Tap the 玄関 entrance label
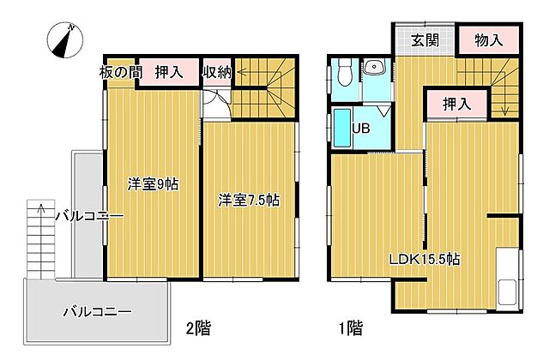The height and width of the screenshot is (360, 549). (424, 40)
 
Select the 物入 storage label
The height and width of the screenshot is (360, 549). (488, 40)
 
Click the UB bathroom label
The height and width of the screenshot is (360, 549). (361, 130)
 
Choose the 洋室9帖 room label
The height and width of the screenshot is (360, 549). (153, 183)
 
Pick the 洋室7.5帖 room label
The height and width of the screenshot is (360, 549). (249, 200)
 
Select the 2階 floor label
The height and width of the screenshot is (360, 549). (199, 327)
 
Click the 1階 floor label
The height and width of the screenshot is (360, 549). (350, 327)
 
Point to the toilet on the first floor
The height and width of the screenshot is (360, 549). (343, 73)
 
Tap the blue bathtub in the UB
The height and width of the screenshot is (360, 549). (341, 130)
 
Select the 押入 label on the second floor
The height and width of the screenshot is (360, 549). (168, 72)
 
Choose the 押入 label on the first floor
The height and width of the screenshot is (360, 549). (457, 104)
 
